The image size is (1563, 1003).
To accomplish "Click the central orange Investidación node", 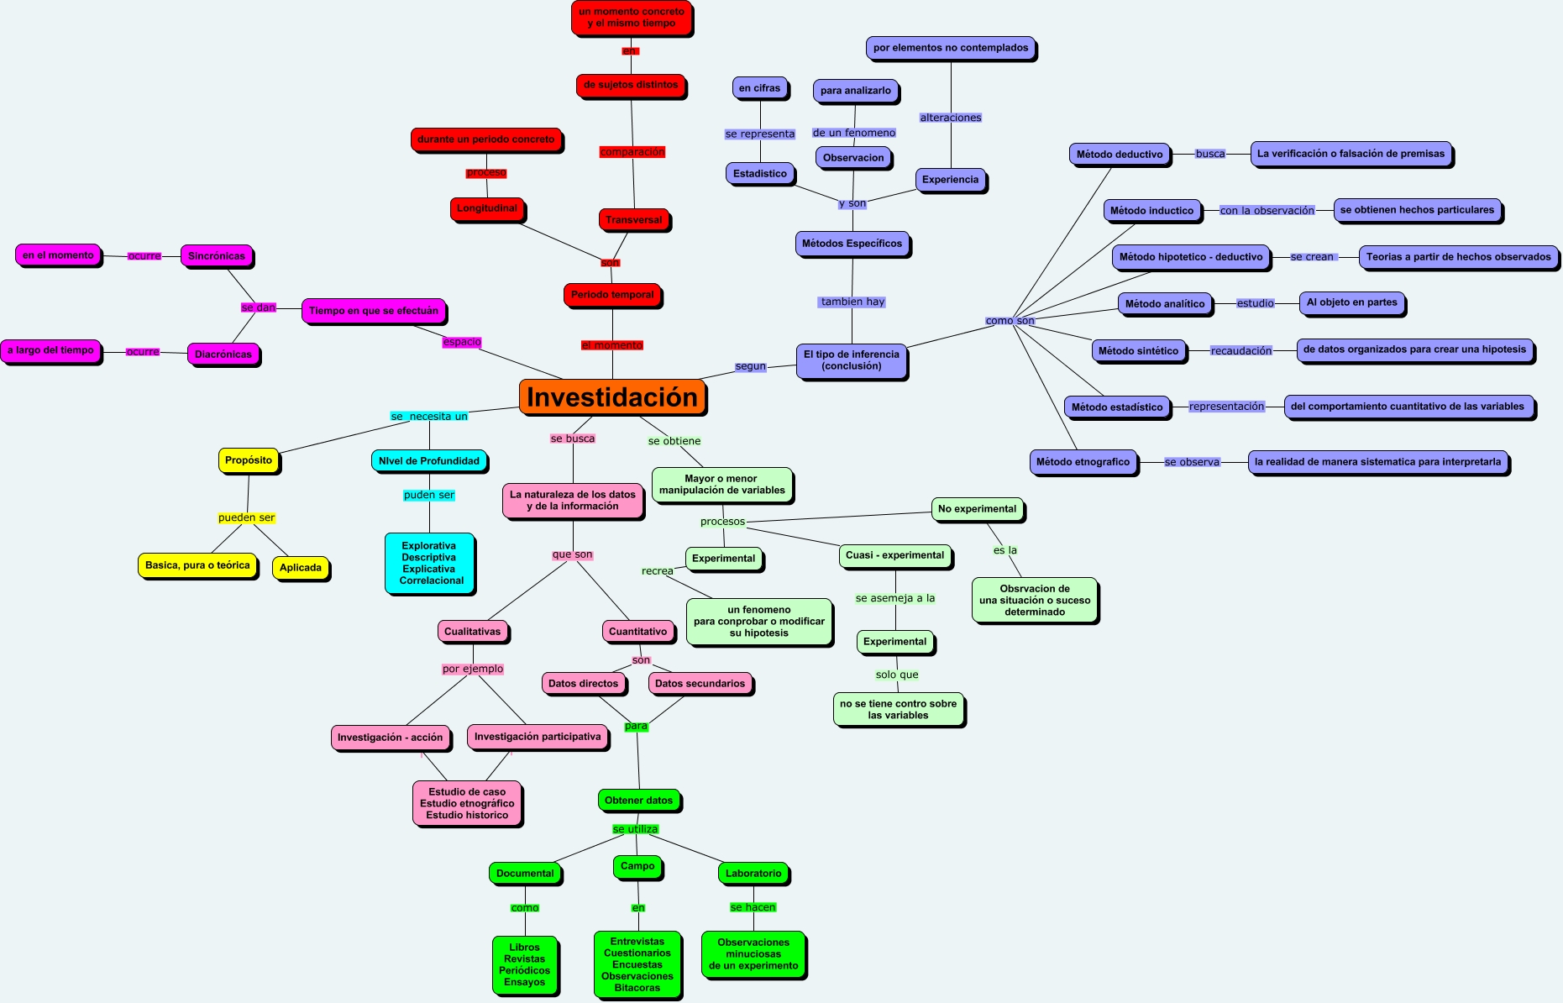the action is tap(612, 397).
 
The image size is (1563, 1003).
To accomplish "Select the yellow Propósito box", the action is tap(249, 460).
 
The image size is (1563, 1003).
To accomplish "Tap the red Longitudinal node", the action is tap(487, 208).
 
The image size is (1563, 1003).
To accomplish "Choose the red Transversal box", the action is tap(634, 220).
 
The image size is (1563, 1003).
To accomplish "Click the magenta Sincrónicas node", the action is tap(217, 256).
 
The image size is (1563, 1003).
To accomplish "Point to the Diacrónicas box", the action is tap(223, 354).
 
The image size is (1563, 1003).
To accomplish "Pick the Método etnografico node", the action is tap(1083, 462).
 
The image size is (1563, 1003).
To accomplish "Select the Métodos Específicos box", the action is tap(852, 244).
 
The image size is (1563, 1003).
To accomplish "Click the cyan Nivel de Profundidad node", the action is tap(429, 461).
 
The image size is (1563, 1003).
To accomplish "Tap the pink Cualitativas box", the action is tap(472, 632).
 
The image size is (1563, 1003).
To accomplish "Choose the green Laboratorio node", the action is tap(753, 874).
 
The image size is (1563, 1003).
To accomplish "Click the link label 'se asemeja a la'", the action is tap(895, 598).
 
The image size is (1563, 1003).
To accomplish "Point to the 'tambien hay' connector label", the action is tap(852, 302).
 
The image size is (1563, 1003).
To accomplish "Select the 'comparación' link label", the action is tap(632, 152).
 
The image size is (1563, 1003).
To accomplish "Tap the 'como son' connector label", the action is tap(1010, 321).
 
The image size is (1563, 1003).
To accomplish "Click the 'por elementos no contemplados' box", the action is tap(951, 48).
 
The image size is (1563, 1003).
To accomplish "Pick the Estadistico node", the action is tap(760, 174).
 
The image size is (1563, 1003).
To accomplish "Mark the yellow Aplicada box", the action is tap(301, 568).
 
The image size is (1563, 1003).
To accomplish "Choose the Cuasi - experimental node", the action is tap(895, 555).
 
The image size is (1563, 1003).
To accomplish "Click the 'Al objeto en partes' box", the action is tap(1352, 302).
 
